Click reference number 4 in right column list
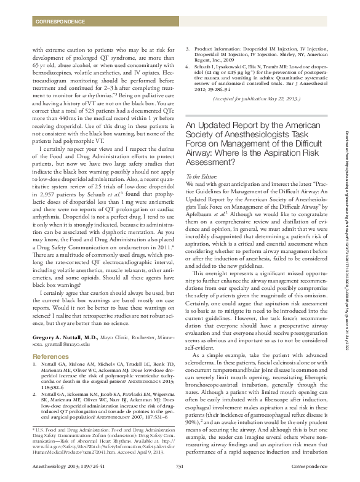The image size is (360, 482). [x=188, y=81]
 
